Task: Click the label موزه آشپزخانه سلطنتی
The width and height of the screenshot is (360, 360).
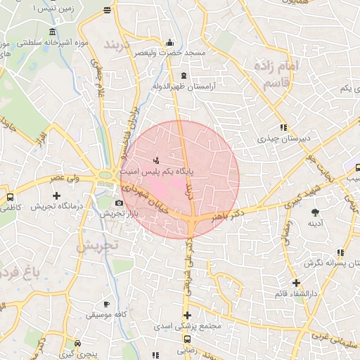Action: (x=51, y=44)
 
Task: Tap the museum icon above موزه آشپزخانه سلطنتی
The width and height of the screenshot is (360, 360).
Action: (x=53, y=32)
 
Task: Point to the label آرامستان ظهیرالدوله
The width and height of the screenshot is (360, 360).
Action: (x=184, y=86)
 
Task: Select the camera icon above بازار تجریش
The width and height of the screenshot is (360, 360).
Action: (x=119, y=203)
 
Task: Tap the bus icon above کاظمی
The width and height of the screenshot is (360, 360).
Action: (x=10, y=197)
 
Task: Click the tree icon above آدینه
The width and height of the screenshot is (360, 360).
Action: (x=315, y=212)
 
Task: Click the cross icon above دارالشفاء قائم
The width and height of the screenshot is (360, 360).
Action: (x=296, y=283)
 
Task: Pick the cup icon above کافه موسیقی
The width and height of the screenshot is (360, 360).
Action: (x=106, y=304)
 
